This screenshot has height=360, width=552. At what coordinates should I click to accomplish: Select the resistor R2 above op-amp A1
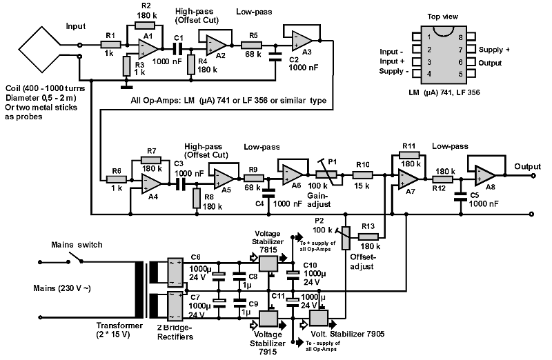point(145,25)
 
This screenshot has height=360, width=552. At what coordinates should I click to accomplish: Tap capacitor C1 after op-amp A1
point(179,48)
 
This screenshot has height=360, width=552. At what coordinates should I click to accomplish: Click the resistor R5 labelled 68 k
point(251,45)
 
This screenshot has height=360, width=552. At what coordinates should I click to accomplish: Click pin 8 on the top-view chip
point(471,37)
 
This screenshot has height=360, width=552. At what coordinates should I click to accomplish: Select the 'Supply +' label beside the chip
point(494,50)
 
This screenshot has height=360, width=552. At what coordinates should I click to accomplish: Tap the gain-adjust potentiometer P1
point(326,174)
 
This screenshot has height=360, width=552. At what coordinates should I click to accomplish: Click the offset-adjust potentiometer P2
point(346,238)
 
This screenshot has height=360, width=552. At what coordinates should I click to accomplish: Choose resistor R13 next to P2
point(368,237)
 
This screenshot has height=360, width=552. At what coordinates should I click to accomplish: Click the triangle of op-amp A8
point(485,175)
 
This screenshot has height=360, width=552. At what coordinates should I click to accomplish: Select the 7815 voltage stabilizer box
point(268,263)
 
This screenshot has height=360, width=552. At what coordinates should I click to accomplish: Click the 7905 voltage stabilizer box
point(319,319)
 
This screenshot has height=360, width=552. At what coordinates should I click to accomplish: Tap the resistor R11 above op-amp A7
point(409,155)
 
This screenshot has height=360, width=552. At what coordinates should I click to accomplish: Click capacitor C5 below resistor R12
point(461,197)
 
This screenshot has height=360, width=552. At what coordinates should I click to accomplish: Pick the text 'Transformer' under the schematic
point(119,326)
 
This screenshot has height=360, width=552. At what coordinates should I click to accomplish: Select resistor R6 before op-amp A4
point(117,179)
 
